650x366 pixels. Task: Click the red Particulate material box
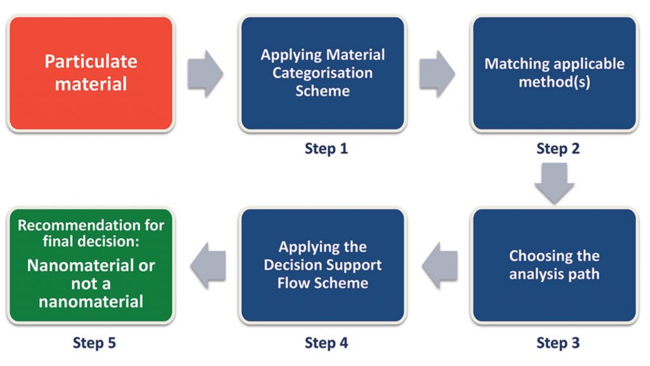pos(91,74)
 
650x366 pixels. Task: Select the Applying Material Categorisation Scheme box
pos(322,74)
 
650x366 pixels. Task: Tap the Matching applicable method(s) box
pos(554,74)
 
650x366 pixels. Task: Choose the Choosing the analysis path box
pos(554,265)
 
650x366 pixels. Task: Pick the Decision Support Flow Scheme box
pos(322,265)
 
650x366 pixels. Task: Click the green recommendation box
pos(91,265)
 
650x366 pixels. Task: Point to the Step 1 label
pos(326,149)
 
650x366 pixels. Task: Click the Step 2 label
pos(558,149)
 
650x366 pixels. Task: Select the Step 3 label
pos(558,342)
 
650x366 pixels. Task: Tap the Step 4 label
pos(326,342)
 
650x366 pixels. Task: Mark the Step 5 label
pos(94,342)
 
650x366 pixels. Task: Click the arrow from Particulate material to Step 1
pos(205,74)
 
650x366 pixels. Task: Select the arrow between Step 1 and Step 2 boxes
pos(437,74)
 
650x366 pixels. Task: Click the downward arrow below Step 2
pos(554,183)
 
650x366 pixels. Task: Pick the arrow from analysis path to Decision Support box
pos(440,265)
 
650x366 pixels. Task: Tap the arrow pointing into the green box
pos(208,265)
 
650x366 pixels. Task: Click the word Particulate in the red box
pos(91,62)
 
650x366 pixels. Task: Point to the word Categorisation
pos(322,73)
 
